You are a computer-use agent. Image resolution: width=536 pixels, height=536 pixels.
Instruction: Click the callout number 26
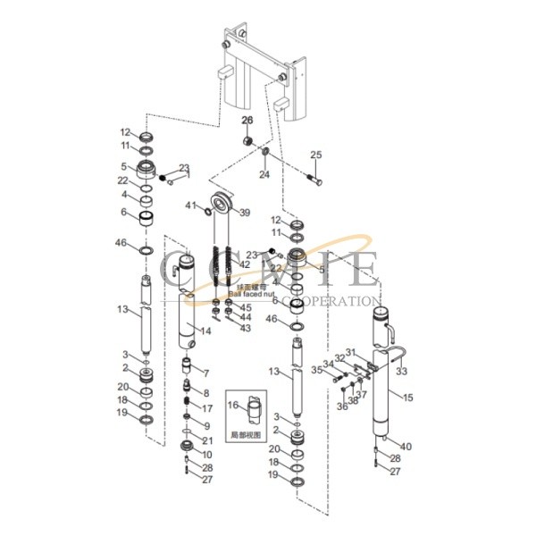point(247,121)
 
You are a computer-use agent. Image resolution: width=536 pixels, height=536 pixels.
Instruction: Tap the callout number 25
point(314,155)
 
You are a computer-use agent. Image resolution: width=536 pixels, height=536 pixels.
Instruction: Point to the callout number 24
point(263,175)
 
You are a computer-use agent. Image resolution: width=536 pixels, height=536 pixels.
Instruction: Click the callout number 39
point(244,212)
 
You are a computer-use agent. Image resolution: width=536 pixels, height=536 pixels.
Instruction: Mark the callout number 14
point(207,331)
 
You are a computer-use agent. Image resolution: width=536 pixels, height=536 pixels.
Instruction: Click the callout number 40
point(406,446)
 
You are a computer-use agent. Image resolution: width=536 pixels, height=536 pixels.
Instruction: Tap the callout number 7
point(206,373)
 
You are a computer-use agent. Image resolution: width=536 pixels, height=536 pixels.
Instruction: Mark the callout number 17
point(207,407)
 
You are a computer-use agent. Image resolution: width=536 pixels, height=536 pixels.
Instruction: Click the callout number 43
point(246,329)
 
